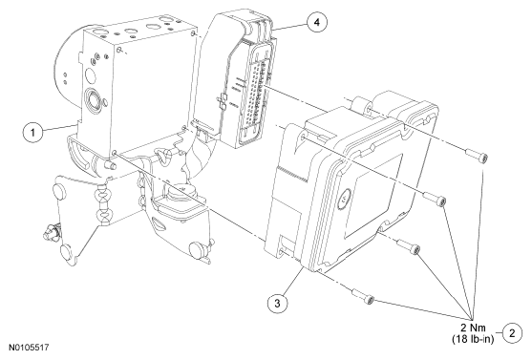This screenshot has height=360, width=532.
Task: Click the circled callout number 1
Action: tap(32, 132)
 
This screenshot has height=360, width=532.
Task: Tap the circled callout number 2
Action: tap(512, 333)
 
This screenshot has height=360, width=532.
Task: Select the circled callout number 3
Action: tap(277, 303)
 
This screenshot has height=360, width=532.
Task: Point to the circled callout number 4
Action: tap(317, 22)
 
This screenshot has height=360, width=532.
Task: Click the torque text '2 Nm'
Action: tap(473, 328)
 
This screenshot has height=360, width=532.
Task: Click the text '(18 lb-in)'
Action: tap(473, 339)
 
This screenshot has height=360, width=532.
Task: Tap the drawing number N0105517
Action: tap(29, 348)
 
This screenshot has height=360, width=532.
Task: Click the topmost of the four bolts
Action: tap(477, 156)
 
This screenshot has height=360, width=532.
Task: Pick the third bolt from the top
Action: tap(409, 246)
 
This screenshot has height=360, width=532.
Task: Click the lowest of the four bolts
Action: tap(363, 296)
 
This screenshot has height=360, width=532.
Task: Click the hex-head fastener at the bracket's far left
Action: tap(51, 233)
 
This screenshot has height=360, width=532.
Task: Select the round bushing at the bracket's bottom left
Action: tap(69, 254)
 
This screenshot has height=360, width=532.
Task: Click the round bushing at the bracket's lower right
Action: tap(197, 251)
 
